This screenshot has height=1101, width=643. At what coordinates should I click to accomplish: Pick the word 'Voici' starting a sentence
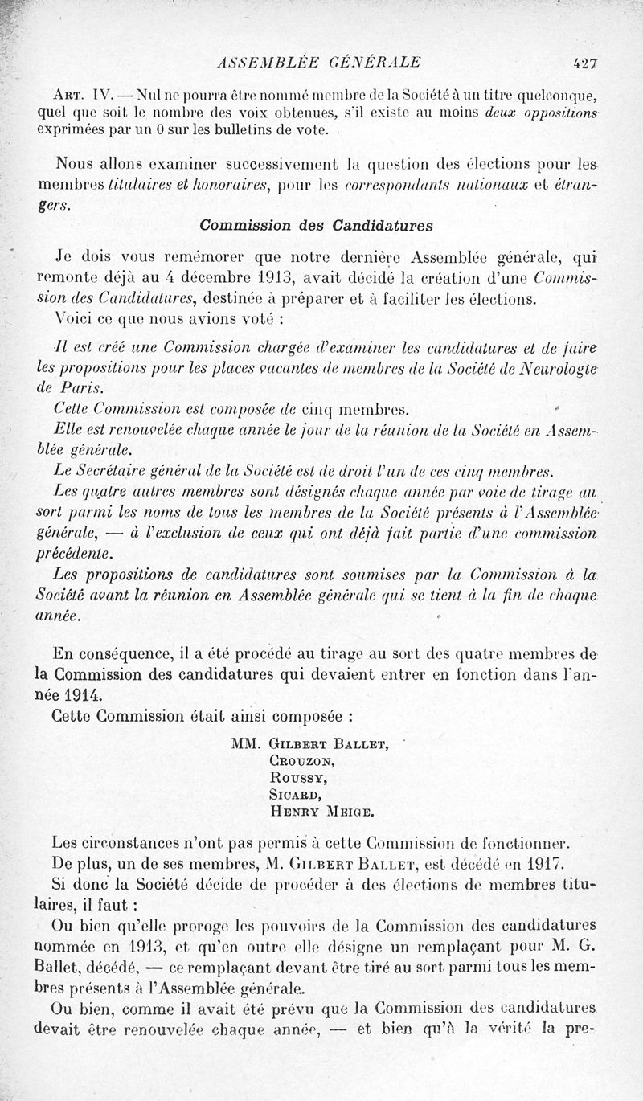pyautogui.click(x=71, y=318)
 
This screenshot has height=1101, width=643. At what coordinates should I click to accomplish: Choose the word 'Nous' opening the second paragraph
pyautogui.click(x=70, y=166)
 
